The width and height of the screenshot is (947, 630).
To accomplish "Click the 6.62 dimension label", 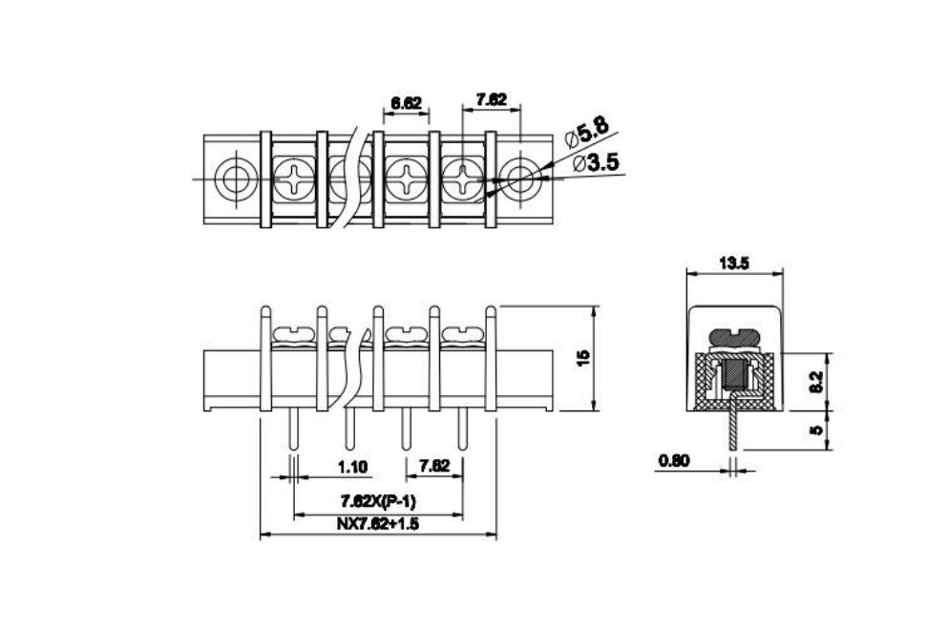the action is tap(406, 103).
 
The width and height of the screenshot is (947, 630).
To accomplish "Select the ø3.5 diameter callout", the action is tap(595, 162).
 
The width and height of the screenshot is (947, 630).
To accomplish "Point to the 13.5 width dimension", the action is tap(734, 263).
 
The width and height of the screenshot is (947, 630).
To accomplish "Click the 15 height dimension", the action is tap(583, 358).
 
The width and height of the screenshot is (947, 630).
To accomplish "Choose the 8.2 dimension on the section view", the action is tap(816, 382).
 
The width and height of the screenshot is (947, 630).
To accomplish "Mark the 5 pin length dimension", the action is tap(816, 430).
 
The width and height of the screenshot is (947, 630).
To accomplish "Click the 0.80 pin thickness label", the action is tap(674, 461).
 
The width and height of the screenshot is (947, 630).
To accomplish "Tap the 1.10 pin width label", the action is tap(352, 467).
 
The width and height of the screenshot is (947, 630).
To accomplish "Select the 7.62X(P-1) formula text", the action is tap(378, 501).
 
